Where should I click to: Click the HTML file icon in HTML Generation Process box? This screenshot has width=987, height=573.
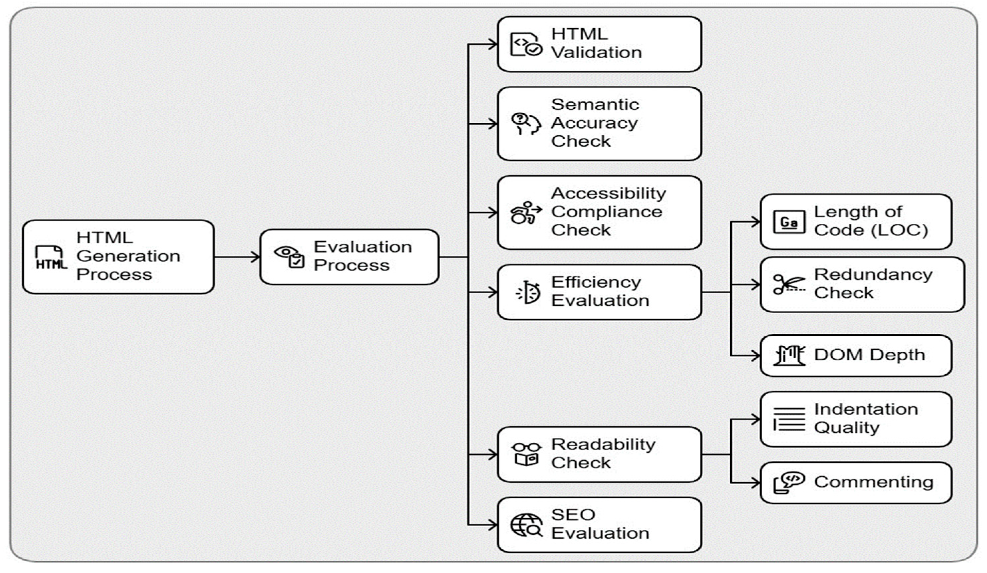tap(51, 258)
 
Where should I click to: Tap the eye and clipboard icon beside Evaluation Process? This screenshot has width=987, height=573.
tap(290, 257)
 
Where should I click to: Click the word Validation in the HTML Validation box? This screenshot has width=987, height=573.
tap(597, 53)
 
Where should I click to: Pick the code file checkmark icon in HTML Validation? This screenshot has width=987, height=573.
tap(526, 44)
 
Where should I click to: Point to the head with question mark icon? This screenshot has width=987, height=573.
tap(526, 124)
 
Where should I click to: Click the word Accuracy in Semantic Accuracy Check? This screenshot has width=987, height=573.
tap(594, 123)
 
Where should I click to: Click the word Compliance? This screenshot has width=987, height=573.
tap(606, 212)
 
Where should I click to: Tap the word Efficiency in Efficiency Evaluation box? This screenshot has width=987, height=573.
tap(596, 282)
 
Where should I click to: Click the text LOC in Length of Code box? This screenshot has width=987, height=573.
tap(899, 230)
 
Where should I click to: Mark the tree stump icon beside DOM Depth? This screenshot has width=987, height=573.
tap(788, 356)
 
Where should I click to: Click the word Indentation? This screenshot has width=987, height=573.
tap(866, 409)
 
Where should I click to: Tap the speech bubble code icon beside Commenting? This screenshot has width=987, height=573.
tap(788, 482)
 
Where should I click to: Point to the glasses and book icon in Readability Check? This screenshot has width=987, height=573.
tap(526, 454)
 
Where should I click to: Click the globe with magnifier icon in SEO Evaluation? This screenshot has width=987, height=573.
tap(526, 525)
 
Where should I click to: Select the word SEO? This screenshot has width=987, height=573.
tap(573, 515)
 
